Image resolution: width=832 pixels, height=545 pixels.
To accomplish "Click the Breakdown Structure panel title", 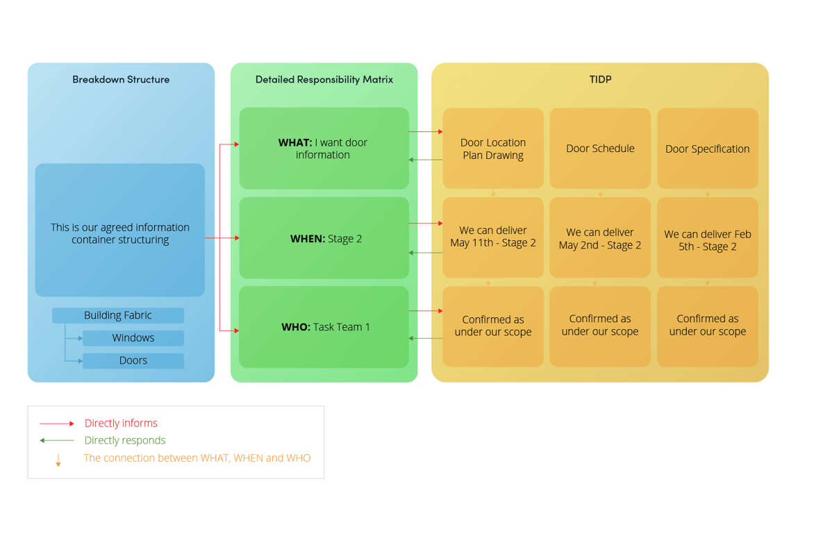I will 121,79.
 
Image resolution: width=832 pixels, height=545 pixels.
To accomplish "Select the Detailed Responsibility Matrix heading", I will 324,79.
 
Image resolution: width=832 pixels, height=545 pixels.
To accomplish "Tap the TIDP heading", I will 600,79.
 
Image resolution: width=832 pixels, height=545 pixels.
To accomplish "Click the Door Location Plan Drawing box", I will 493,149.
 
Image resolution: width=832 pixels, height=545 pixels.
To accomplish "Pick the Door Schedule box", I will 600,149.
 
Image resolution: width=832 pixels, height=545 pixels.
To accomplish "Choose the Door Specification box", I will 707,149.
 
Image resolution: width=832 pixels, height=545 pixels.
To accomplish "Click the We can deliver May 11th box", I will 493,237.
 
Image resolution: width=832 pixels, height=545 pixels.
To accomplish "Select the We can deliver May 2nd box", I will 600,237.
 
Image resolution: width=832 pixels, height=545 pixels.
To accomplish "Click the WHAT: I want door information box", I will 324,149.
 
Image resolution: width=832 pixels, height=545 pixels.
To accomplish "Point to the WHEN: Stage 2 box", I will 324,238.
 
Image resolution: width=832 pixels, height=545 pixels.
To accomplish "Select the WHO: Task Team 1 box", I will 324,327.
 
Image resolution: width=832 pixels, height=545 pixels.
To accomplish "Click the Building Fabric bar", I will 118,315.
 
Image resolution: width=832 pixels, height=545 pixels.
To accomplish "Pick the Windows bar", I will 133,338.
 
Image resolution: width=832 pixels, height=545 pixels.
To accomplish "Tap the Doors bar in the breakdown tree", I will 133,361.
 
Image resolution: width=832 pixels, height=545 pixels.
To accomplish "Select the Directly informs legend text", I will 121,423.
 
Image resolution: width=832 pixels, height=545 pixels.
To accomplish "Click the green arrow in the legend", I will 57,440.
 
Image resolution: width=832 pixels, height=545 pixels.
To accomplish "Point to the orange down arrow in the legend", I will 58,460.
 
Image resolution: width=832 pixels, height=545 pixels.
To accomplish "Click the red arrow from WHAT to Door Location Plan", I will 426,131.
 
